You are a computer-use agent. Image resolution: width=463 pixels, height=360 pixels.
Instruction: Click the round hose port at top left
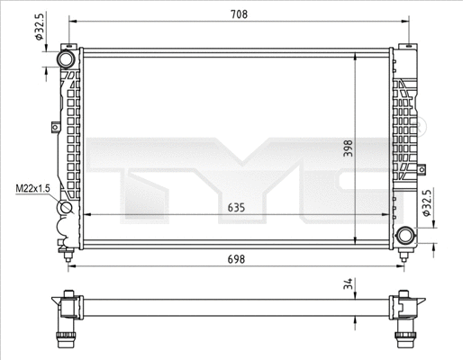click(66, 59)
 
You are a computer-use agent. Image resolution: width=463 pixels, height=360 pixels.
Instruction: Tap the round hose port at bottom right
click(405, 236)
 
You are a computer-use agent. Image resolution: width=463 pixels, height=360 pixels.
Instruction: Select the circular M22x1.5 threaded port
click(66, 212)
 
